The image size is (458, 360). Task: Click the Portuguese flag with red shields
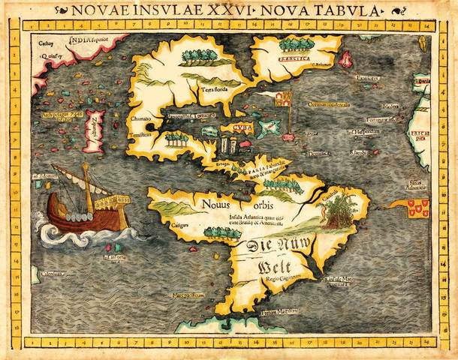[x=417, y=208]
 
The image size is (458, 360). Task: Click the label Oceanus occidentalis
[x=327, y=104]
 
